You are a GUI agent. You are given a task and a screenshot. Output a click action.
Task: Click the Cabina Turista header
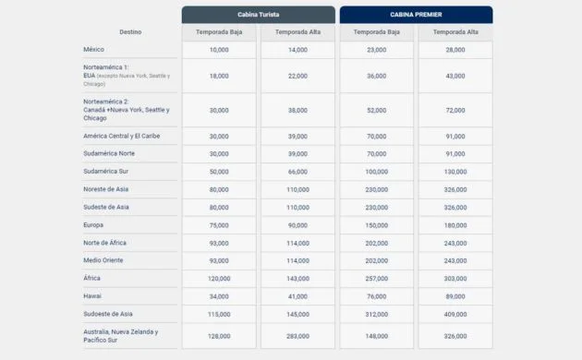pos(258,15)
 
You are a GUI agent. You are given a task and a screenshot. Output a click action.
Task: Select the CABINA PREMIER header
pos(416,15)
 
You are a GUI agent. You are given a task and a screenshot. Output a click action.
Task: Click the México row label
pos(94,49)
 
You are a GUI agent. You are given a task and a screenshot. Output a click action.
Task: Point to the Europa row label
pos(93,224)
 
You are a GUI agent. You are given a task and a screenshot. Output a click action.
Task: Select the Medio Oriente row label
pos(103,259)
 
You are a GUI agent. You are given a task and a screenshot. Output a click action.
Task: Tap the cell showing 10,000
pos(219,49)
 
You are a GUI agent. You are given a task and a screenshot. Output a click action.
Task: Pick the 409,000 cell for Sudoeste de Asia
pos(455,313)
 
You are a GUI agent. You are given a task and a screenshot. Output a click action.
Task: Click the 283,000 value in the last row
pos(297,335)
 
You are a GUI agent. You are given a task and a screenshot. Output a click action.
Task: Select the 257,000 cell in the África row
pos(376,278)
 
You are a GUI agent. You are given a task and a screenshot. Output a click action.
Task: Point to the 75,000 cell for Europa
pos(219,224)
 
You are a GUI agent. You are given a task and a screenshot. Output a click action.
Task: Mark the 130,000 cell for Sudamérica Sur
pos(455,171)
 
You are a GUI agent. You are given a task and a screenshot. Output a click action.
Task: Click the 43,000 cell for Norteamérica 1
pos(455,76)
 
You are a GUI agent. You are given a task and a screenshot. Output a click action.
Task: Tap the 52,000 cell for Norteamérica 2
pos(376,110)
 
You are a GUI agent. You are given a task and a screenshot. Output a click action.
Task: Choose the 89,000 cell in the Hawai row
pos(455,295)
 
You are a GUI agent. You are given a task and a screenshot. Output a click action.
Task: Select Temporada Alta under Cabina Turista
pos(297,32)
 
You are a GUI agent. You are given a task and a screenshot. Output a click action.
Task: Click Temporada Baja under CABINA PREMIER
pos(376,32)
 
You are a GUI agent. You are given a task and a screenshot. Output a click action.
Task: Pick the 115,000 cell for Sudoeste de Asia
pos(219,313)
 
